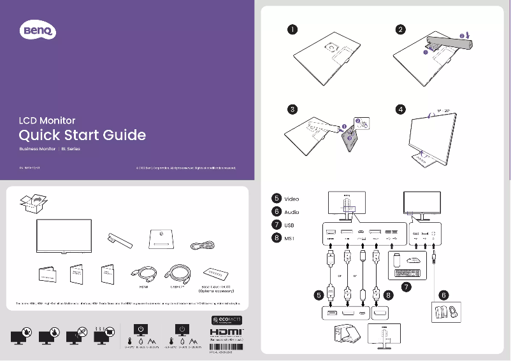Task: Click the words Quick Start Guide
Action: click(82, 135)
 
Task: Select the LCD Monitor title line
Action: click(47, 120)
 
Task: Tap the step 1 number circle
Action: click(291, 29)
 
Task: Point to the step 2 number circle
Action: click(399, 29)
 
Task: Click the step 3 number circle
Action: click(291, 110)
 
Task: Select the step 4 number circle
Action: click(399, 110)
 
